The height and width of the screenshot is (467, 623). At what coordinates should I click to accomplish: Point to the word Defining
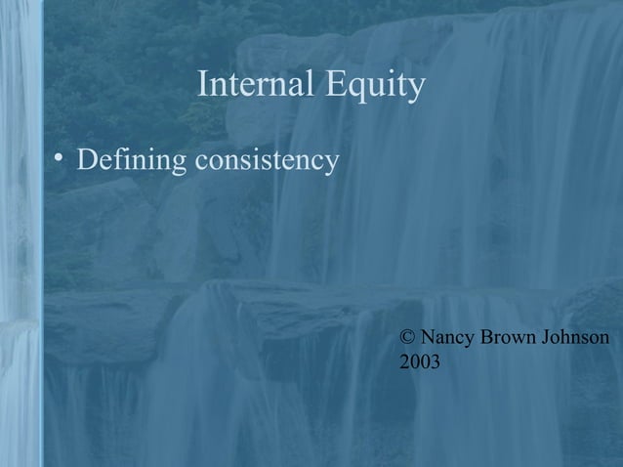132,158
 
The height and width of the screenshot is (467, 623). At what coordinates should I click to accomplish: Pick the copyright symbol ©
408,338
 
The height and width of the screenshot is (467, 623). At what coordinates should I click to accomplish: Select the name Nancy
447,338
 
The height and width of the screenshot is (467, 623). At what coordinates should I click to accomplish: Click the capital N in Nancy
428,338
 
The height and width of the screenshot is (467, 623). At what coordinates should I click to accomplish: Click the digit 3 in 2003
435,363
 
